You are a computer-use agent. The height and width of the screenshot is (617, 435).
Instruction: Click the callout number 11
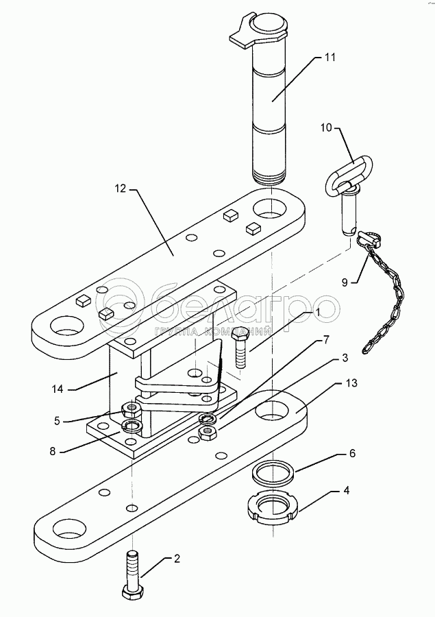pyautogui.click(x=330, y=58)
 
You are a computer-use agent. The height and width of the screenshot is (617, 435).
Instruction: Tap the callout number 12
pyautogui.click(x=120, y=189)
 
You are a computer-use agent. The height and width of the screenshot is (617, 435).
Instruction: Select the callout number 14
pyautogui.click(x=58, y=389)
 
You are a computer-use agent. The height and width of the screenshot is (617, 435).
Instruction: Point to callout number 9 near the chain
pyautogui.click(x=345, y=282)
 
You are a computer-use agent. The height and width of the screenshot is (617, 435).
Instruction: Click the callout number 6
pyautogui.click(x=352, y=453)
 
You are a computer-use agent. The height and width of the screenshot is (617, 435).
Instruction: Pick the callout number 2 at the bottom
pyautogui.click(x=177, y=558)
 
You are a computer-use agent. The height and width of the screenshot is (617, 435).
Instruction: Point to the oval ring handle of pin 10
pyautogui.click(x=348, y=173)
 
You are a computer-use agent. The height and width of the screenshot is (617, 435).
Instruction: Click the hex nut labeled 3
pyautogui.click(x=208, y=433)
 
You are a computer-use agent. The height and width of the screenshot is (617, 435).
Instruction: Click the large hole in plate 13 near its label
pyautogui.click(x=273, y=411)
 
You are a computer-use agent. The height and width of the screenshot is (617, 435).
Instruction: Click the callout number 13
pyautogui.click(x=351, y=383)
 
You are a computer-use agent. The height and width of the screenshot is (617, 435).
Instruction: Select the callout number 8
pyautogui.click(x=53, y=451)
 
